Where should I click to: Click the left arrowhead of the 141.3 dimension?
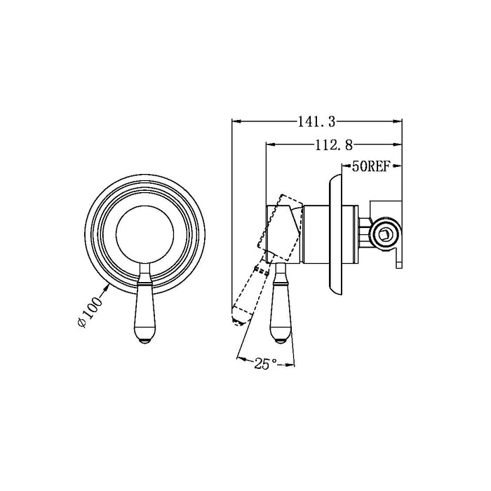point(235,122)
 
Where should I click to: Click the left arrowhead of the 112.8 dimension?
point(269,145)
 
